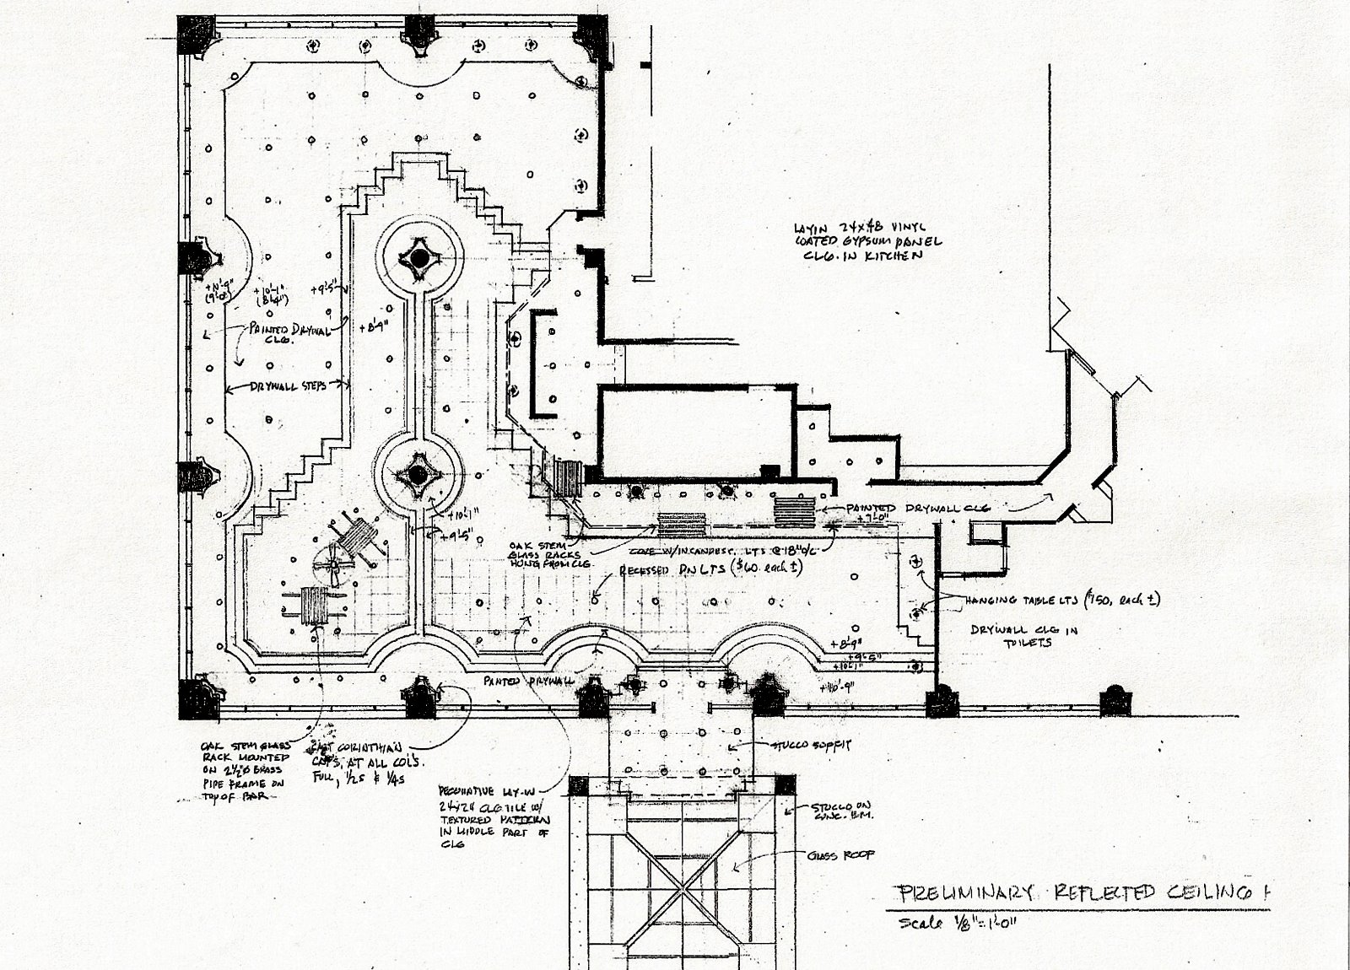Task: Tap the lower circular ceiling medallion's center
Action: click(x=418, y=475)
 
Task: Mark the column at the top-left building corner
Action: click(x=195, y=34)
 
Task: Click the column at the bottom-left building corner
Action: click(x=199, y=695)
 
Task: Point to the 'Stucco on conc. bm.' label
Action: click(x=828, y=812)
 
